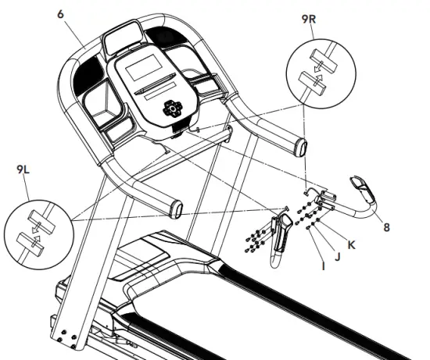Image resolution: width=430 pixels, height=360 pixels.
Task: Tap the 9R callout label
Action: click(311, 15)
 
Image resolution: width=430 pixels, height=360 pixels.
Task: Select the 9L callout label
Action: click(24, 167)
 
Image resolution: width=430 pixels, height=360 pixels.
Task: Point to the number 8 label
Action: click(386, 228)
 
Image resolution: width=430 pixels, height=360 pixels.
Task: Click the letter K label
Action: click(352, 244)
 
